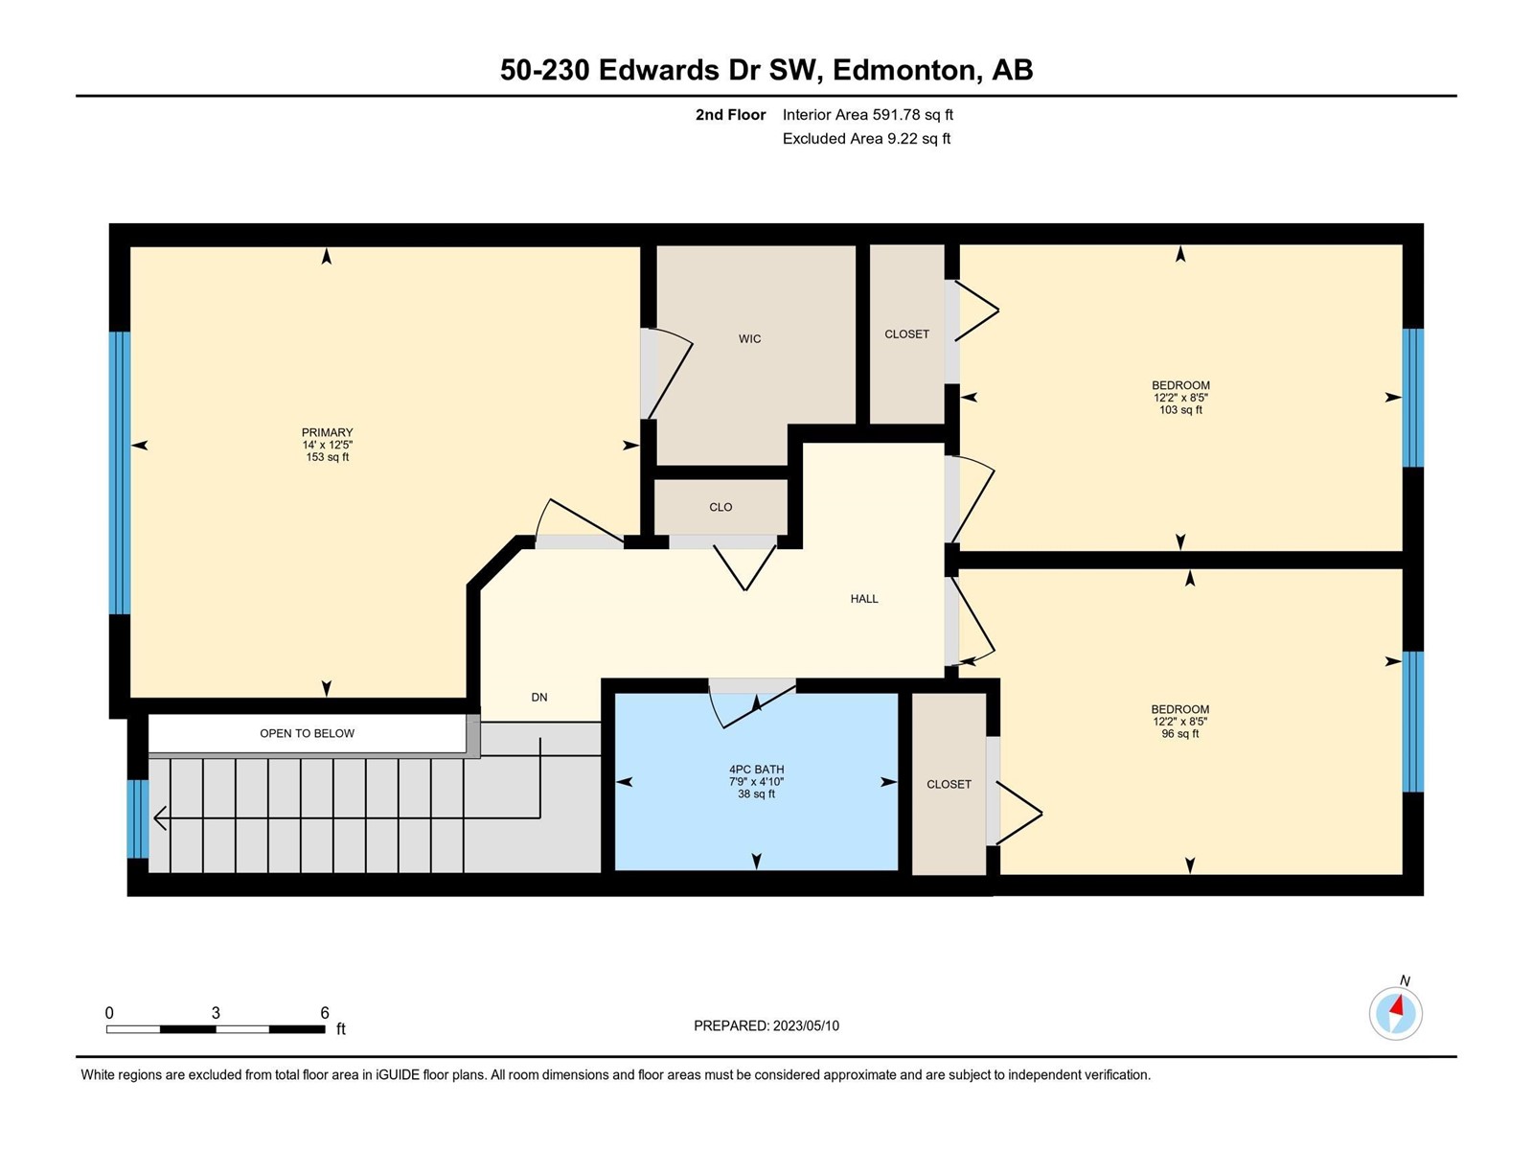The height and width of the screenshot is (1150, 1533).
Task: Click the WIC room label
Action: [749, 338]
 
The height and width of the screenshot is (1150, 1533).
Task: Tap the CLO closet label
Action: [721, 507]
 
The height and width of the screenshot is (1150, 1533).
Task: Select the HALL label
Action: [864, 598]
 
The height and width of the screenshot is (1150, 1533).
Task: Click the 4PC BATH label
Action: [756, 770]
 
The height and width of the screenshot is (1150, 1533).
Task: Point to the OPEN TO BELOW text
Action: [307, 733]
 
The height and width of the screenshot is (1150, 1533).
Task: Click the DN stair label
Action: [539, 697]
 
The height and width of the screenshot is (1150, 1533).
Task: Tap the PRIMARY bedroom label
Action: [327, 432]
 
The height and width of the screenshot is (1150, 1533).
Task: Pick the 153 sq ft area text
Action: [327, 457]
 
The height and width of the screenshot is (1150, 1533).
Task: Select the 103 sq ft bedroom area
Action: [1180, 410]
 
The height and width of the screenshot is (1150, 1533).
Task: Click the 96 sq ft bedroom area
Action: [1180, 734]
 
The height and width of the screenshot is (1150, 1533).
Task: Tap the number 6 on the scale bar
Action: [324, 1012]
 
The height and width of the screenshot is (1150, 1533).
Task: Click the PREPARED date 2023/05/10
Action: [806, 1025]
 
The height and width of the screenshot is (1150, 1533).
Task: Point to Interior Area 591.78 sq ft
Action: [867, 114]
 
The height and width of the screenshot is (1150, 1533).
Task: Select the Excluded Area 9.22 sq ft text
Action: [866, 138]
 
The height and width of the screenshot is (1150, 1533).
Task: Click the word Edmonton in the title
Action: [904, 71]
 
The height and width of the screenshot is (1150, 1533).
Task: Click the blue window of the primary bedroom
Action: [120, 472]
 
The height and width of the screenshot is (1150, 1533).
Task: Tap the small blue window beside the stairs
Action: [138, 818]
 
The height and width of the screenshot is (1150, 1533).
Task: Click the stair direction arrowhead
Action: [160, 817]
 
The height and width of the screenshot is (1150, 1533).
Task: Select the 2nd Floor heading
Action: [730, 114]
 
